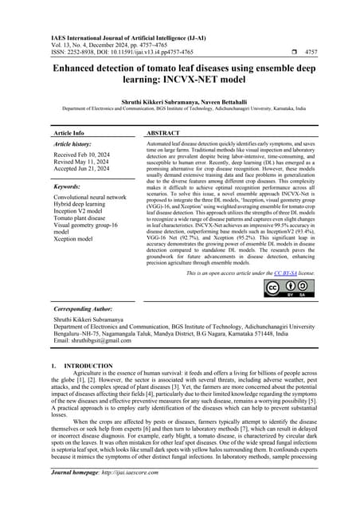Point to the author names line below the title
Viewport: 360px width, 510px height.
point(180,101)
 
